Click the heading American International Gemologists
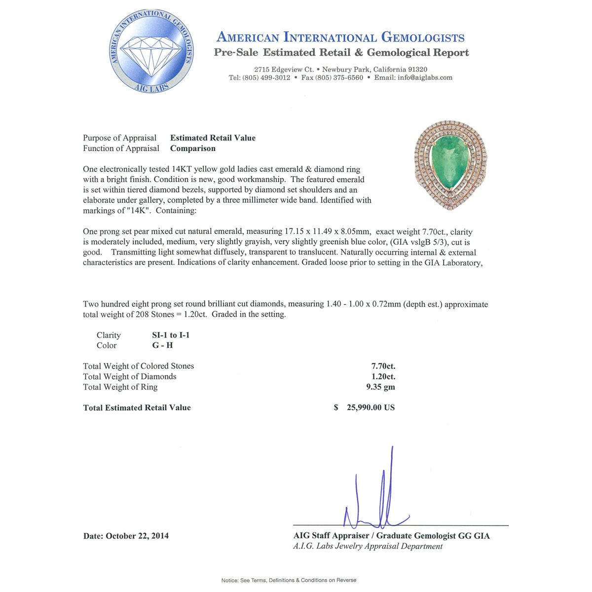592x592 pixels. (340, 37)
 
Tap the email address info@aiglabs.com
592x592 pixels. (425, 77)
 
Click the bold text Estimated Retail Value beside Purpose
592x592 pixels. (213, 138)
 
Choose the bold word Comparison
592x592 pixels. (193, 148)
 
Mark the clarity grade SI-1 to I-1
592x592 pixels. (171, 335)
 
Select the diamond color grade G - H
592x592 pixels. (162, 345)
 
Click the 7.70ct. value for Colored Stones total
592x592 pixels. (383, 366)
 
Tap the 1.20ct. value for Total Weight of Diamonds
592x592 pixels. (383, 376)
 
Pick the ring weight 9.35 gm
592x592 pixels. (380, 387)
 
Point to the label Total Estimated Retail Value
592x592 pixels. (137, 407)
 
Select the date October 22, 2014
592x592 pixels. (137, 536)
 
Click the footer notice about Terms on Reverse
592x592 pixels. (289, 580)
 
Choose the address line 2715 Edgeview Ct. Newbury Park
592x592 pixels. (340, 70)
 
